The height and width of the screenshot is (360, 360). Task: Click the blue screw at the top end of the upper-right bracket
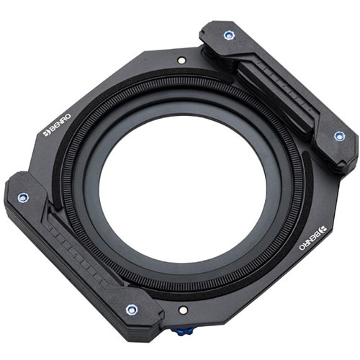[229, 35]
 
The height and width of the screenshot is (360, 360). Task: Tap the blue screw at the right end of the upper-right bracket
[340, 136]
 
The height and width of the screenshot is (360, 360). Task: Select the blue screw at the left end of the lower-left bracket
[23, 197]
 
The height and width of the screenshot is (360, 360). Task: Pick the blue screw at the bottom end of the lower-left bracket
[132, 310]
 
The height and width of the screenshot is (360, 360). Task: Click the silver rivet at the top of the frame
[181, 60]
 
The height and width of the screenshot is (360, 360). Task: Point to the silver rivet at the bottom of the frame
[183, 310]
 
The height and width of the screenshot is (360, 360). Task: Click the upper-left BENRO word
[58, 125]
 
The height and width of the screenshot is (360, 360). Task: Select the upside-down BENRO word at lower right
[312, 238]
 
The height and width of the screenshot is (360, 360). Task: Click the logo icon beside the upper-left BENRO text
[46, 134]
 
